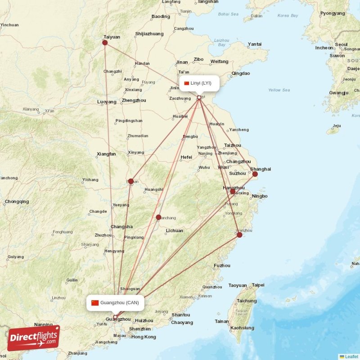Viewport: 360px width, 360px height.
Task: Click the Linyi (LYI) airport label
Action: pyautogui.click(x=201, y=83)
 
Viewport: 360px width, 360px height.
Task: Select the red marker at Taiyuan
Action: pyautogui.click(x=105, y=43)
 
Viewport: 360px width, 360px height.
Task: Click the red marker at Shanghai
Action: pyautogui.click(x=255, y=174)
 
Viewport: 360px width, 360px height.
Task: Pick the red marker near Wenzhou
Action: pyautogui.click(x=239, y=235)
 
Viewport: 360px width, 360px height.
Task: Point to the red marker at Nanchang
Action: pyautogui.click(x=158, y=217)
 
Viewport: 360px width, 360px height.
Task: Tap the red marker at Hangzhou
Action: pyautogui.click(x=233, y=192)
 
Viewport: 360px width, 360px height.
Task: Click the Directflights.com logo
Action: pyautogui.click(x=34, y=338)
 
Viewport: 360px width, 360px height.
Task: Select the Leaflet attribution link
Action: pyautogui.click(x=351, y=356)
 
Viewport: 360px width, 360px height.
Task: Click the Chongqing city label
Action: pyautogui.click(x=17, y=202)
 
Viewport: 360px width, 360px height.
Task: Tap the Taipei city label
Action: pyautogui.click(x=258, y=285)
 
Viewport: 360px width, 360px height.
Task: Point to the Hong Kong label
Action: pyautogui.click(x=144, y=337)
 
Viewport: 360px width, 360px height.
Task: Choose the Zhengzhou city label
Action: pyautogui.click(x=134, y=100)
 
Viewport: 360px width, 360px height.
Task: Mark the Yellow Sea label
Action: pyautogui.click(x=279, y=90)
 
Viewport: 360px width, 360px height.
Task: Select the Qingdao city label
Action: pyautogui.click(x=240, y=73)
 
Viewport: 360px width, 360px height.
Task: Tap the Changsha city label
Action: pyautogui.click(x=121, y=227)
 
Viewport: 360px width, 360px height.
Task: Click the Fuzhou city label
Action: pyautogui.click(x=222, y=265)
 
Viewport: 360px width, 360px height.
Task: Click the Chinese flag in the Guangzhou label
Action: pyautogui.click(x=95, y=302)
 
